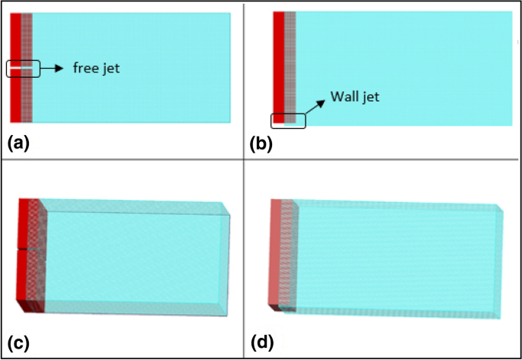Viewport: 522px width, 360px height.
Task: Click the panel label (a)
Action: [18, 142]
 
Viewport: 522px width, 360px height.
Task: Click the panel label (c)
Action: [18, 342]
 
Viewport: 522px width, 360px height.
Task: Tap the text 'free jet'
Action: [96, 69]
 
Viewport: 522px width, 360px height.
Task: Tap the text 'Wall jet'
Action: [354, 97]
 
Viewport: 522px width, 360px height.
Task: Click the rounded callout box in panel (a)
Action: [22, 69]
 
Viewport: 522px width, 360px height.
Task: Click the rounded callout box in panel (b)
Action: [288, 120]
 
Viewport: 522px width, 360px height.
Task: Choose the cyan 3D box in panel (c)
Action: [137, 256]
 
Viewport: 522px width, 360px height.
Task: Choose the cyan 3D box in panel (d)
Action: [396, 256]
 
